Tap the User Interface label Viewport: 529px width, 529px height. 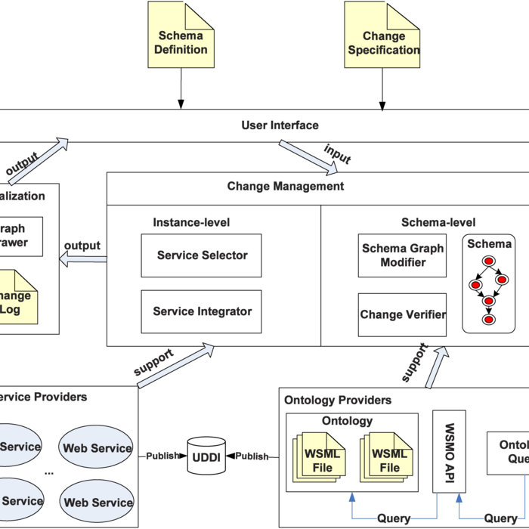(280, 125)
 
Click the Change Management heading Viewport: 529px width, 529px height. (286, 186)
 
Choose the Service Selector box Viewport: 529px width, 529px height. (202, 255)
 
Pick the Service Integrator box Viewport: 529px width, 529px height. (202, 311)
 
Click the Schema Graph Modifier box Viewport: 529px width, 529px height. (404, 255)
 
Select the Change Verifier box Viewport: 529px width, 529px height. (403, 314)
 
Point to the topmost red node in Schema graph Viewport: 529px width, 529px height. (488, 261)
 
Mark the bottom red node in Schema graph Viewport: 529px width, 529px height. (488, 320)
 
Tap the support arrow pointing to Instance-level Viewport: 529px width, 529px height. (174, 366)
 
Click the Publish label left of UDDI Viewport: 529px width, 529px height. (162, 456)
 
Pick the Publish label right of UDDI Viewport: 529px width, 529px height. (252, 456)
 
